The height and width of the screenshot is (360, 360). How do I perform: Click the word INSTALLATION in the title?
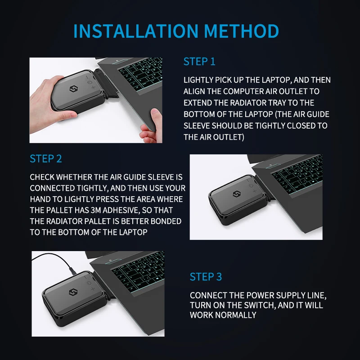click(135, 31)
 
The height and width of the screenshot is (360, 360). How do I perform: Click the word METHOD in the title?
click(241, 31)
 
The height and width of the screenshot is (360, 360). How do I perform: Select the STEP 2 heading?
click(45, 159)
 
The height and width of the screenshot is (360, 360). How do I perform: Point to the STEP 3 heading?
click(206, 277)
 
